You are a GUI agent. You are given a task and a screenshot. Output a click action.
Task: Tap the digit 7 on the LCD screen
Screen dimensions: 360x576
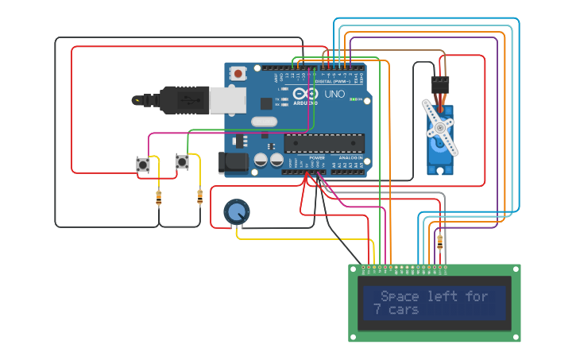[x=377, y=309]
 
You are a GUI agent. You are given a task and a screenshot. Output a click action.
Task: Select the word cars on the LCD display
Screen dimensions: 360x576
[x=404, y=309]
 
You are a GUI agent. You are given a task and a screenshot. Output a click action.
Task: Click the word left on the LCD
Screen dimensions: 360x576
[x=443, y=296]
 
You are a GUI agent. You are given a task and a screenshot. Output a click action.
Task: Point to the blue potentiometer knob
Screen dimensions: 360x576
[x=237, y=211]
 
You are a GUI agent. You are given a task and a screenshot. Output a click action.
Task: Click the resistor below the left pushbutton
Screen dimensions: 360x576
[x=159, y=198]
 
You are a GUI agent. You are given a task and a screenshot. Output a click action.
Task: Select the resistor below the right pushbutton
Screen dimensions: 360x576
[x=199, y=196]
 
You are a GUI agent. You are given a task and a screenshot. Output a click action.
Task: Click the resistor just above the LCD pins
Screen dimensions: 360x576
[x=439, y=242]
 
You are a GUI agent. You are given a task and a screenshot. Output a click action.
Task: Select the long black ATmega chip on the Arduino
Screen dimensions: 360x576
[x=324, y=143]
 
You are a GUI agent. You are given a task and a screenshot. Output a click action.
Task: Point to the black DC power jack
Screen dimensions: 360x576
[x=233, y=163]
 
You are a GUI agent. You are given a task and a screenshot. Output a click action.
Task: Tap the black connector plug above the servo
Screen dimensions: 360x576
[x=440, y=85]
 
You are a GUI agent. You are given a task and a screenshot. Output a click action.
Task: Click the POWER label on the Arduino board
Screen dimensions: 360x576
[x=317, y=157]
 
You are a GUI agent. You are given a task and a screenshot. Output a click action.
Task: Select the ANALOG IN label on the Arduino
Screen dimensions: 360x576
[x=350, y=157]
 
